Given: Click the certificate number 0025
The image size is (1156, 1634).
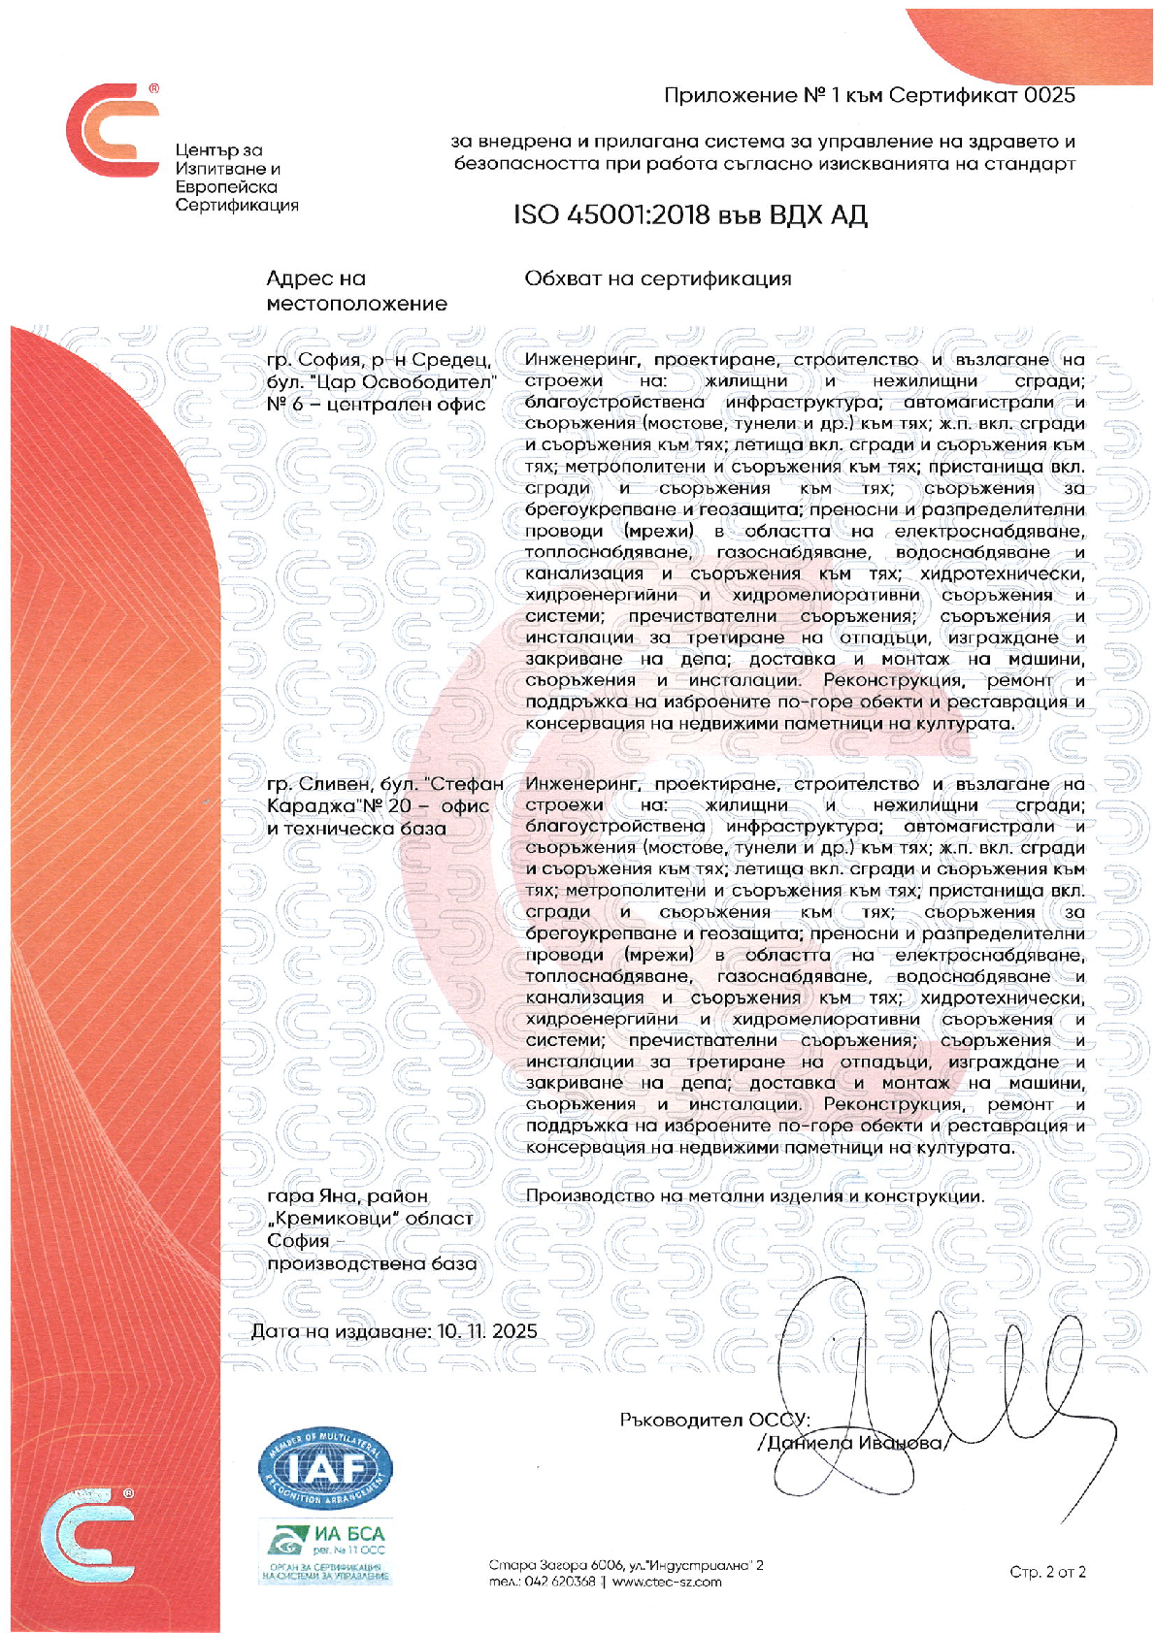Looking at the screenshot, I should (x=1050, y=95).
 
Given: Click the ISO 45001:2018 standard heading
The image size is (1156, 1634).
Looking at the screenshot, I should (x=689, y=214).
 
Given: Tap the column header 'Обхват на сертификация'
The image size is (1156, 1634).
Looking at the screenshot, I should (x=657, y=279).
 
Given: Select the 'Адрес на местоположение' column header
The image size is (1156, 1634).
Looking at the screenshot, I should (x=356, y=291).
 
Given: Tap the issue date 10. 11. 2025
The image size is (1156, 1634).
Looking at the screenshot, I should (x=487, y=1330).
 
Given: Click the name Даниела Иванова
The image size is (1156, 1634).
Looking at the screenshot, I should (x=854, y=1443).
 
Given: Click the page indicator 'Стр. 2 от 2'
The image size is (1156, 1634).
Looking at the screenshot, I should (x=1047, y=1572).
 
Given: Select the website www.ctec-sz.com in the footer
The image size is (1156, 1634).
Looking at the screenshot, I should (x=667, y=1582).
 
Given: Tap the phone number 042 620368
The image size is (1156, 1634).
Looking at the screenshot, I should (x=560, y=1582).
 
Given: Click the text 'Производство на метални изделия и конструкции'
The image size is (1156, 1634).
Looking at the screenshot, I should (x=754, y=1196).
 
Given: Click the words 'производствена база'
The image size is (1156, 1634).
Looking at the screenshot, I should (x=372, y=1263).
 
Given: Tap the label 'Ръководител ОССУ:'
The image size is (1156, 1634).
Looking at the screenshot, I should (x=714, y=1420).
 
